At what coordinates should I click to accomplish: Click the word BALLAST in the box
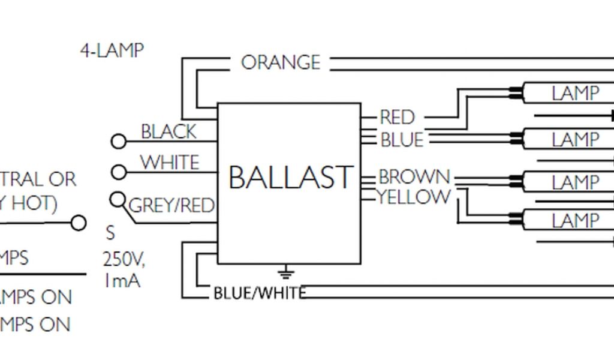coord(290,178)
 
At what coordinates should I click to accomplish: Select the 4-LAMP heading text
coord(112,50)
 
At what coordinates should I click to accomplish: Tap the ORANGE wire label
coord(280,62)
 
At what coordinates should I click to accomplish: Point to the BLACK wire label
coord(168,132)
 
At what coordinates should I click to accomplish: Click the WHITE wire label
coord(170,163)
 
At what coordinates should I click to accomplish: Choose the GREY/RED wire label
coord(171,206)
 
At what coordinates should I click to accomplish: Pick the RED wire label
coord(398,117)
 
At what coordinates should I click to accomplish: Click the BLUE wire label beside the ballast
coord(402,140)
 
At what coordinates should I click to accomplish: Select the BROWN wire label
coord(414,176)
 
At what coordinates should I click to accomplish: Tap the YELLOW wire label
coord(414,196)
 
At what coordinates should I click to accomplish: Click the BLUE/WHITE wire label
coord(260,293)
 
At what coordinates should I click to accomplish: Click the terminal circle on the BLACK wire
coord(119,142)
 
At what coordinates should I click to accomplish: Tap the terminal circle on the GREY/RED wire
coord(118,199)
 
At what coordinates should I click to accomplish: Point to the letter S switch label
coord(110,233)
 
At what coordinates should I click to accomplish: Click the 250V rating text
coord(123,260)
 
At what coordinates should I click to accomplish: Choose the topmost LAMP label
coord(575,93)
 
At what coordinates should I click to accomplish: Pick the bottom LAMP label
coord(575,221)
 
